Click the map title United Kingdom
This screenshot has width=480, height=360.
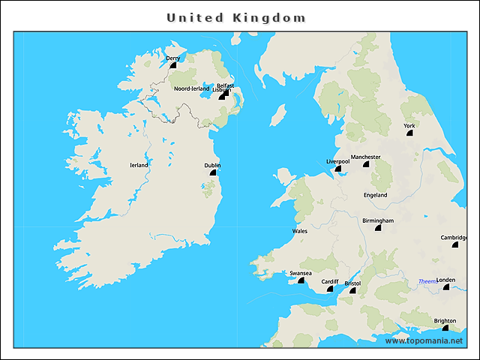(x=235, y=17)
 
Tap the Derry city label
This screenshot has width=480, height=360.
(x=172, y=58)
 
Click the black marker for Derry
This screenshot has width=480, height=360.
(x=173, y=65)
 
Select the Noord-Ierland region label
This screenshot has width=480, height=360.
(x=191, y=88)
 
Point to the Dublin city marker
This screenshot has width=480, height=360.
(x=213, y=172)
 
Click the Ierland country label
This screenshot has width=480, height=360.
(x=139, y=165)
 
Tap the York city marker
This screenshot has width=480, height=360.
(x=410, y=133)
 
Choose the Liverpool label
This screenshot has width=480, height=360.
(x=337, y=161)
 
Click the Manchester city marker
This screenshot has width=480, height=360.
(x=366, y=164)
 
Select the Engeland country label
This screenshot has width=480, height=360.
(x=375, y=195)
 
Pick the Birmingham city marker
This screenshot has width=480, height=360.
(x=379, y=228)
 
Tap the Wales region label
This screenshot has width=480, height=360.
(x=300, y=231)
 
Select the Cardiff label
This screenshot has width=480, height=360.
(x=330, y=281)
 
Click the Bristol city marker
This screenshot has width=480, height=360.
(x=352, y=290)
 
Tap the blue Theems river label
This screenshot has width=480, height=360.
(x=427, y=281)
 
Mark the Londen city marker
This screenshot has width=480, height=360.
(x=446, y=286)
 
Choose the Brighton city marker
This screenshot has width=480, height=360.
(x=445, y=328)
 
